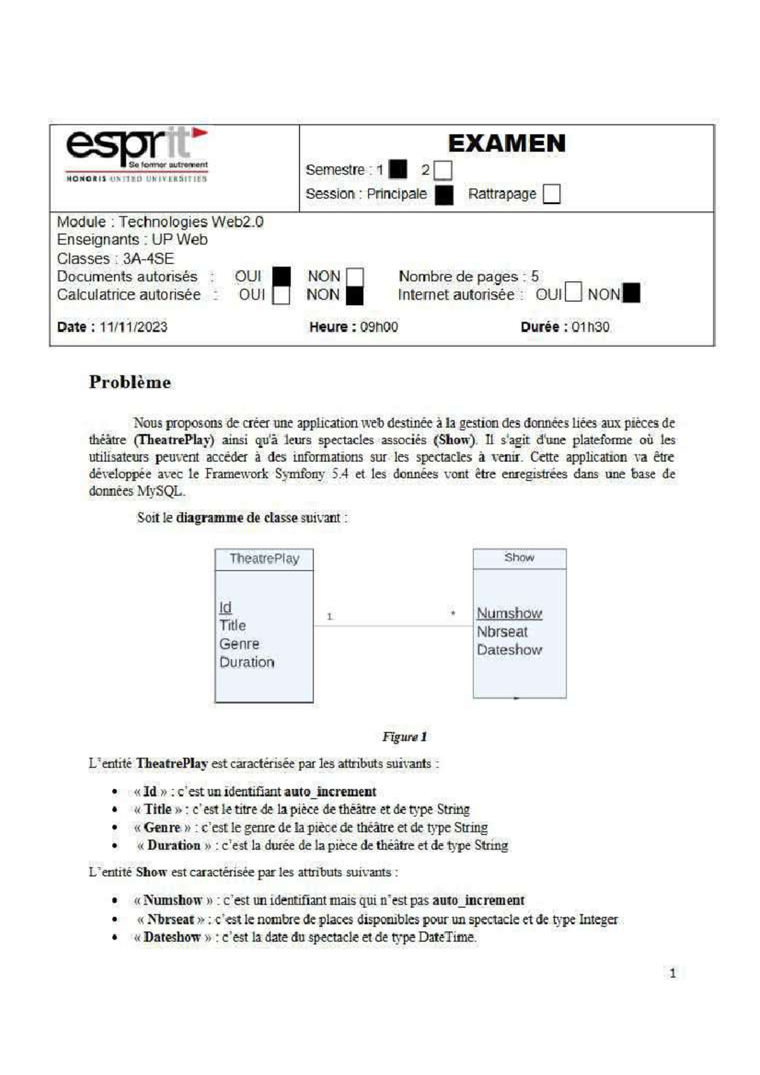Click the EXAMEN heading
point(506,144)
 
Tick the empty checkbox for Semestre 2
point(443,170)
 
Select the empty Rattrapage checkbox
point(552,194)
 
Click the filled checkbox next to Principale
point(444,194)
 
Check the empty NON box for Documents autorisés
point(355,277)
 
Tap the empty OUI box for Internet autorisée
point(573,292)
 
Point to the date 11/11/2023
point(133,327)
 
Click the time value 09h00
point(379,327)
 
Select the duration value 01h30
point(590,327)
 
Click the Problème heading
point(130,382)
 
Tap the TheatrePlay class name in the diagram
point(264,558)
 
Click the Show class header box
point(519,558)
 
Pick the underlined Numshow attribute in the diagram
point(509,613)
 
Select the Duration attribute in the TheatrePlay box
point(247,662)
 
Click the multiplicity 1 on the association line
point(329,616)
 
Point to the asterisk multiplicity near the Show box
point(453,613)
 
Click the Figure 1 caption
point(404,737)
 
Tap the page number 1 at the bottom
point(673,974)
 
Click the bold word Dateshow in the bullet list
point(172,937)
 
